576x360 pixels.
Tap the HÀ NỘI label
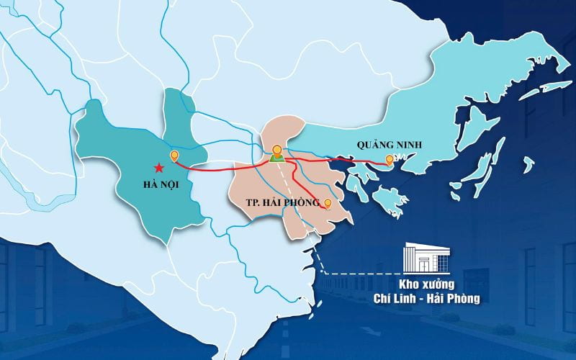click(x=161, y=185)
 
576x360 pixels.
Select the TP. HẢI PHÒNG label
click(x=278, y=203)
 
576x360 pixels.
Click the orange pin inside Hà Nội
click(x=174, y=156)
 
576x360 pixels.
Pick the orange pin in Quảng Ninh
click(x=390, y=160)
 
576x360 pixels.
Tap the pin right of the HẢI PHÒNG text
click(x=328, y=204)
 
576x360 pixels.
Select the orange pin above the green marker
click(x=277, y=150)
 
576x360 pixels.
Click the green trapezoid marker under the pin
click(x=277, y=160)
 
